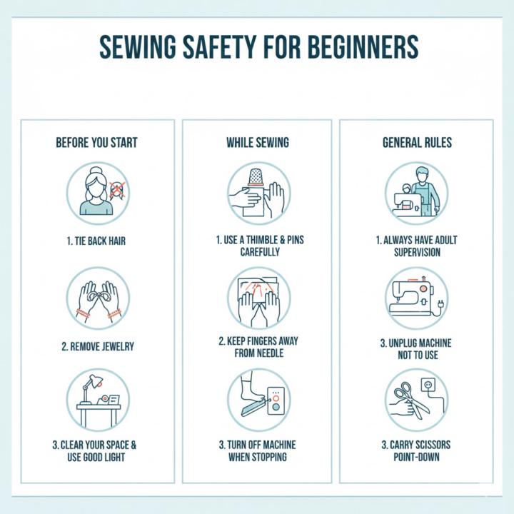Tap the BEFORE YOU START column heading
point(96,143)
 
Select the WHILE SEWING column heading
point(258,143)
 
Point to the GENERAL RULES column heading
point(416,143)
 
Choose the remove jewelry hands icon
point(98,298)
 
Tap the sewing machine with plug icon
point(416,298)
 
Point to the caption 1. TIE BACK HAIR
point(98,241)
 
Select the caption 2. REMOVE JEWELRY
point(98,347)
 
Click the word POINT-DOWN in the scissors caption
point(416,456)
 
